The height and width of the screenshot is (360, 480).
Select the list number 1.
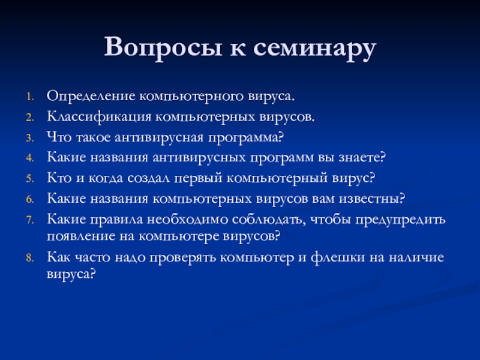point(29,97)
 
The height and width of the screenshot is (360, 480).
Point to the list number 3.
point(29,138)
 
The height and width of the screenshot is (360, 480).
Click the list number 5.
point(29,179)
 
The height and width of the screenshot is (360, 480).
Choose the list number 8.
point(29,258)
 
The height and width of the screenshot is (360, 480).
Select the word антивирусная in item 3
point(159,138)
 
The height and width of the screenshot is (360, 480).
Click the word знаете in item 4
point(362,158)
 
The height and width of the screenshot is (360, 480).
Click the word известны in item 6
point(372,199)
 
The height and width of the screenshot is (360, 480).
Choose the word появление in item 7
point(81,236)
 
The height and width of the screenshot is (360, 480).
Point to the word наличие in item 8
point(416,258)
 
